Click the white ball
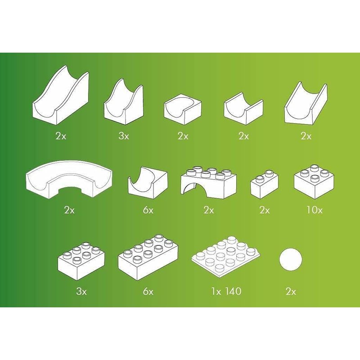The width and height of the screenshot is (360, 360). tap(290, 260)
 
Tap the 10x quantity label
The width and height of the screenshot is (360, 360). tap(315, 210)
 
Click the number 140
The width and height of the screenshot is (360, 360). tap(232, 291)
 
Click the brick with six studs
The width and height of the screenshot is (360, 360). tap(81, 261)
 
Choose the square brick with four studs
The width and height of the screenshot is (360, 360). tap(314, 181)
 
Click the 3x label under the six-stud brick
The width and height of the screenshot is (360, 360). tap(81, 292)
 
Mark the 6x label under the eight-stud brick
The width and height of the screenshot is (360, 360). tap(148, 292)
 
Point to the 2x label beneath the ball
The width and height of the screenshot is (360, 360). tap(291, 292)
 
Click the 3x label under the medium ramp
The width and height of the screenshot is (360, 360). tap(124, 136)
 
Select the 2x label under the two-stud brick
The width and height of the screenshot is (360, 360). tap(265, 210)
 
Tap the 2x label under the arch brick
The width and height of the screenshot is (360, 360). tap(208, 210)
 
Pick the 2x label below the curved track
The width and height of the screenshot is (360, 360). tap(69, 210)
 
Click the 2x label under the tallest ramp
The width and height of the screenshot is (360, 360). tap(61, 136)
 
